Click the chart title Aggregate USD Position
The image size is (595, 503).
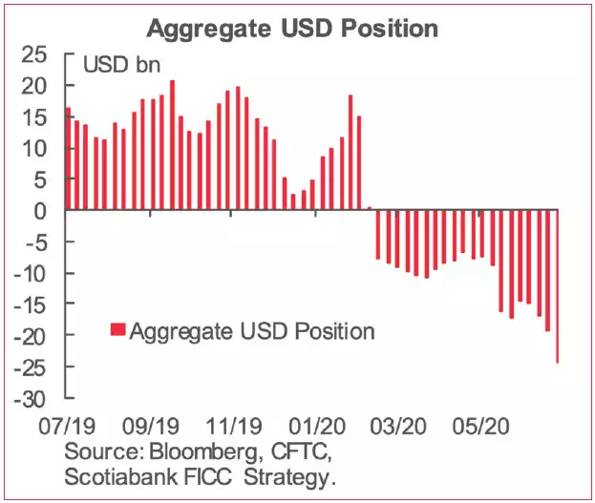291,28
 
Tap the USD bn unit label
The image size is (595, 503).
121,66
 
